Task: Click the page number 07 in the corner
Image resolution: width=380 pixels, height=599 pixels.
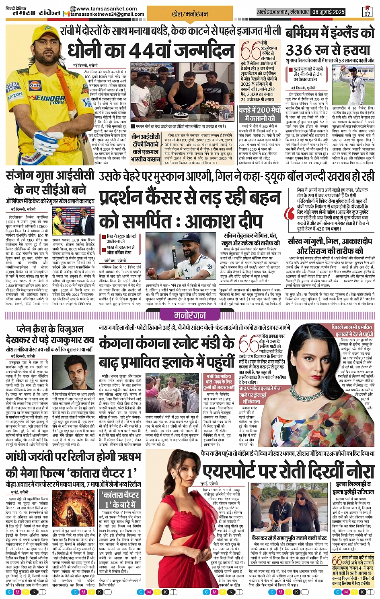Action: (x=367, y=14)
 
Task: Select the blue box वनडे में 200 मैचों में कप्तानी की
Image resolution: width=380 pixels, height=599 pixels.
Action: (x=259, y=114)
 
